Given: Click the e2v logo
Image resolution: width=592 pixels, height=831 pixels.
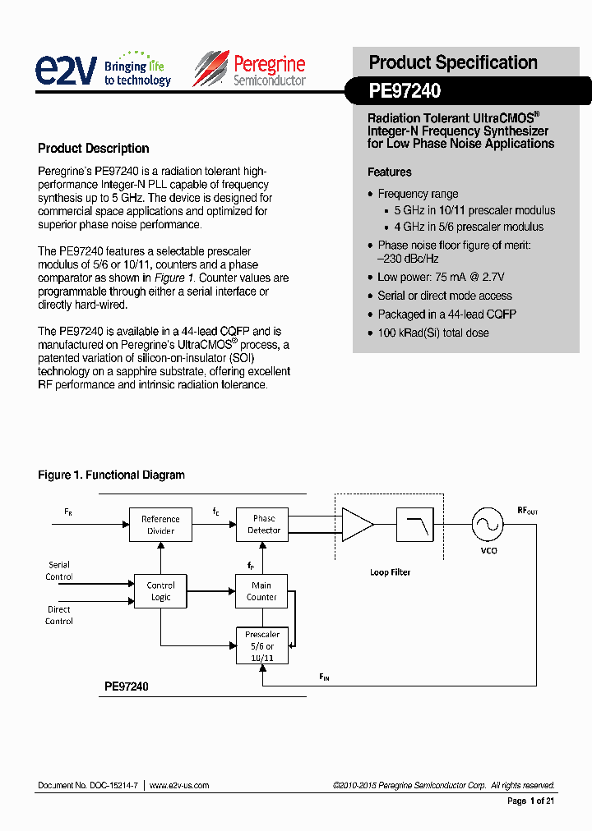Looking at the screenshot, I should (66, 70).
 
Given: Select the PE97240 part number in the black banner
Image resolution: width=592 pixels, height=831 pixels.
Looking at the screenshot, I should (405, 91).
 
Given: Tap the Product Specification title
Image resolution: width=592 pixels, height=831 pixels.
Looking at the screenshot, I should (453, 62).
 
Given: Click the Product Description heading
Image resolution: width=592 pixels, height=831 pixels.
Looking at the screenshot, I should (93, 149).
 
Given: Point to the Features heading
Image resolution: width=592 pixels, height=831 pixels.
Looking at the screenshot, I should (389, 172).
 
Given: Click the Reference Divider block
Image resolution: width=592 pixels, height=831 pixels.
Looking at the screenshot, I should (160, 525).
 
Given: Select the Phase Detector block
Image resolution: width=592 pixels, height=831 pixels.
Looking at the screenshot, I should (264, 524).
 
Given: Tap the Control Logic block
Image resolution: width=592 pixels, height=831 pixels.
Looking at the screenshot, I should (160, 591).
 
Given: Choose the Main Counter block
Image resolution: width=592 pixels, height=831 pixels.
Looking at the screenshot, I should (261, 591).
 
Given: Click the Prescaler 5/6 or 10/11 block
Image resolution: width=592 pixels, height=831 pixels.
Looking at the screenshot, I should (262, 646).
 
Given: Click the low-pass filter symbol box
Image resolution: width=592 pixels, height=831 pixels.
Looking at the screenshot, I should (414, 525).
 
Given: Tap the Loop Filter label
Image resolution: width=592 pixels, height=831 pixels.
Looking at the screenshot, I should (390, 572).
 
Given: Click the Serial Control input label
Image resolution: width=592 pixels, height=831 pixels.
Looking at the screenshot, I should (59, 571).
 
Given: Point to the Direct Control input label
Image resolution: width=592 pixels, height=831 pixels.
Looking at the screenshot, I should (59, 615).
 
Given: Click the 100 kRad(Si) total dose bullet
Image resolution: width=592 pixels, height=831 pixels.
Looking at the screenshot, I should (432, 333).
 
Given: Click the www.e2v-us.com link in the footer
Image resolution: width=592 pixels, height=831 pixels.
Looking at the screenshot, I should (179, 786).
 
